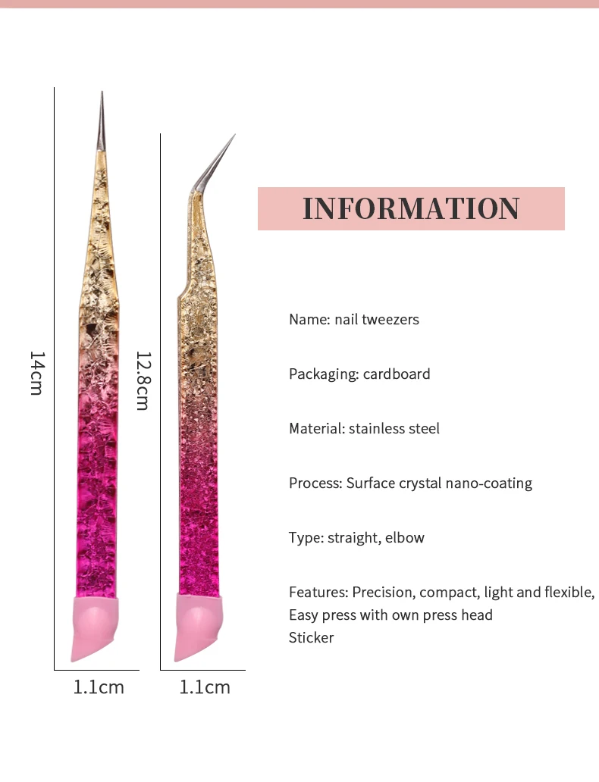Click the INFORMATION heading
[x=411, y=208]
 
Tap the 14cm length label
[x=36, y=373]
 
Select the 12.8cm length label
[x=142, y=380]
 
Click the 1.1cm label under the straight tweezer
[x=99, y=687]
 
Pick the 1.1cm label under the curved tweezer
[x=205, y=687]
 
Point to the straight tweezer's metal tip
[x=102, y=121]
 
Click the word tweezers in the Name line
[x=390, y=319]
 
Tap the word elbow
[x=405, y=537]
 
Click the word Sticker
[x=311, y=637]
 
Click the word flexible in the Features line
[x=567, y=592]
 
